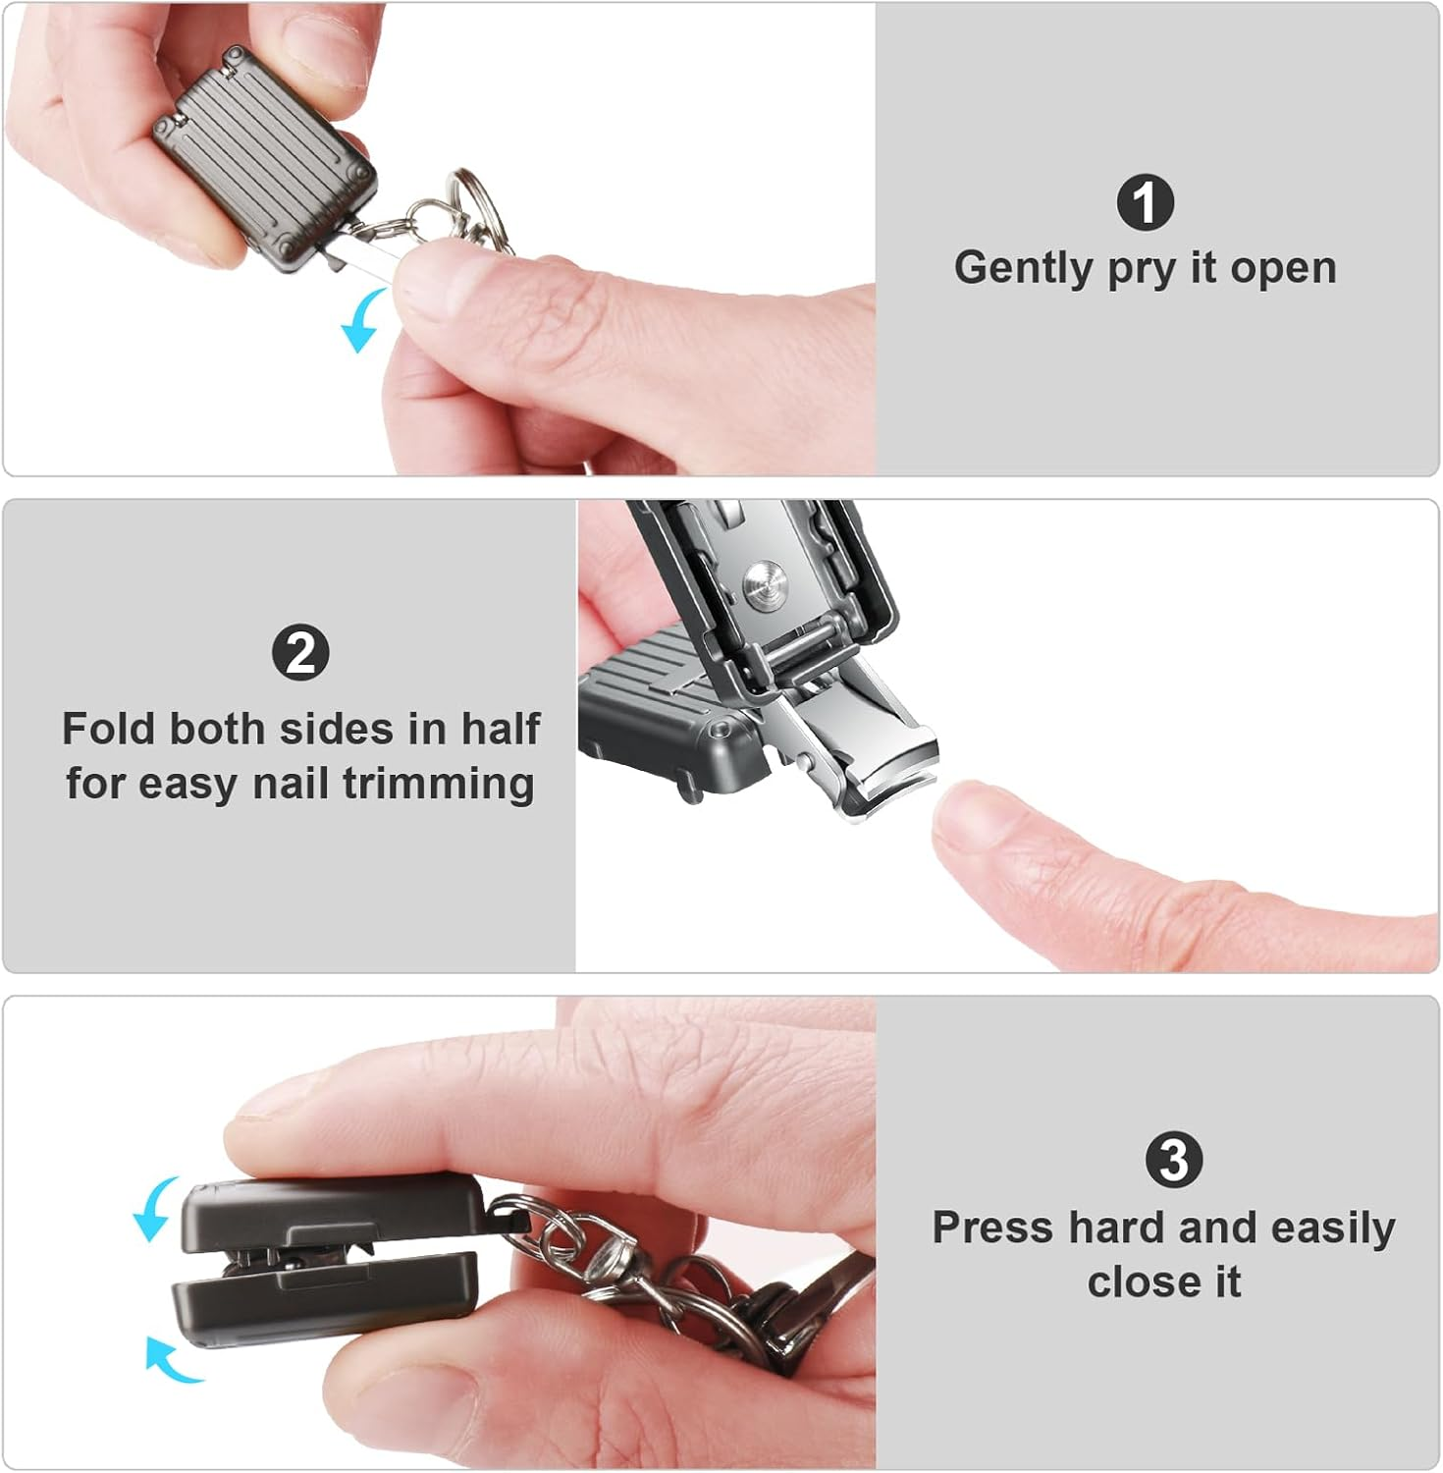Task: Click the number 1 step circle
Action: point(1145,203)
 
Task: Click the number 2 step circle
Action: point(300,653)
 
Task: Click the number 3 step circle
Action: point(1173,1159)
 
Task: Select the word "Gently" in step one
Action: point(1024,268)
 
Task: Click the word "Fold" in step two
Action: point(108,729)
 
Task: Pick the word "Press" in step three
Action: point(993,1227)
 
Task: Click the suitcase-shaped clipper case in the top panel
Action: point(265,157)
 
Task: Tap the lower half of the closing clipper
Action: point(324,1298)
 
